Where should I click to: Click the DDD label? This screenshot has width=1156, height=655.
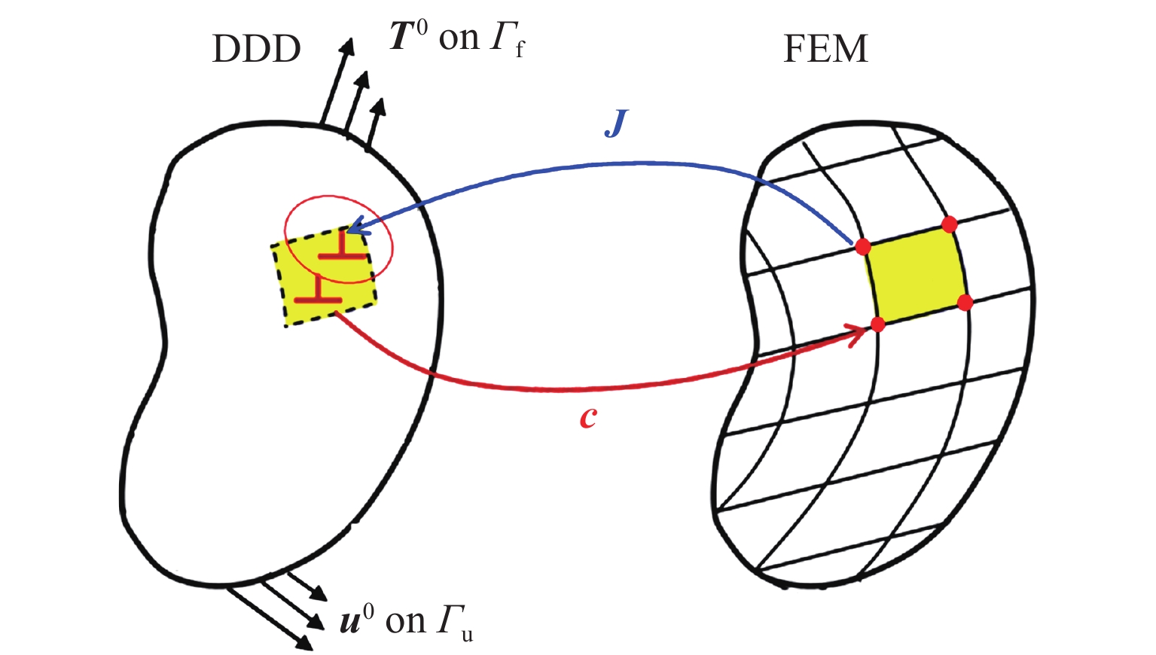pos(256,50)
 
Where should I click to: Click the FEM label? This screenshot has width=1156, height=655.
pos(825,50)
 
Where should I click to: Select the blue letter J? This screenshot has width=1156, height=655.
pos(615,123)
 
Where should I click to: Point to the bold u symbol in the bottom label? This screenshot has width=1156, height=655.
pos(350,621)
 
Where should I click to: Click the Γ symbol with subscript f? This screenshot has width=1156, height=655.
pos(502,38)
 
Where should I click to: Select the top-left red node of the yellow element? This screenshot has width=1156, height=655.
pos(863,246)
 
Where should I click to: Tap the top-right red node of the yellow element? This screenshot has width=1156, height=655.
pos(949,224)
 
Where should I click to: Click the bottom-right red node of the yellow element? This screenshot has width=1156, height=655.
pos(965,303)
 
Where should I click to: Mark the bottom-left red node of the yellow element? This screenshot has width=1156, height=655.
pos(877,324)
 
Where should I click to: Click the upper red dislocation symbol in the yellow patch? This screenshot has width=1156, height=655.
pos(343,248)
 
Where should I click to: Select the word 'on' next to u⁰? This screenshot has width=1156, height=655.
pos(405,621)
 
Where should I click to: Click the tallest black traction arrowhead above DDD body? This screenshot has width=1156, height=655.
pos(347,46)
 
